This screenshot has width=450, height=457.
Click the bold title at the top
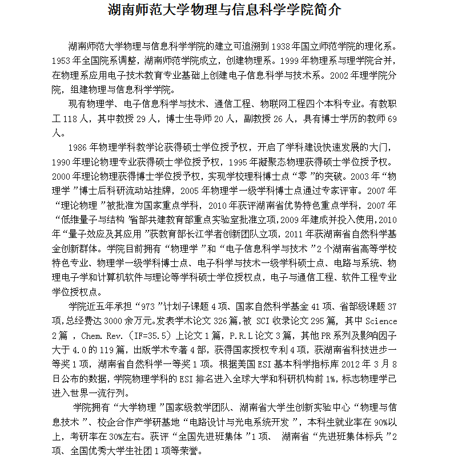pos(225,10)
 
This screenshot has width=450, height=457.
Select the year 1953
pos(62,60)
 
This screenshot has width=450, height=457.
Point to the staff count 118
pos(71,119)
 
